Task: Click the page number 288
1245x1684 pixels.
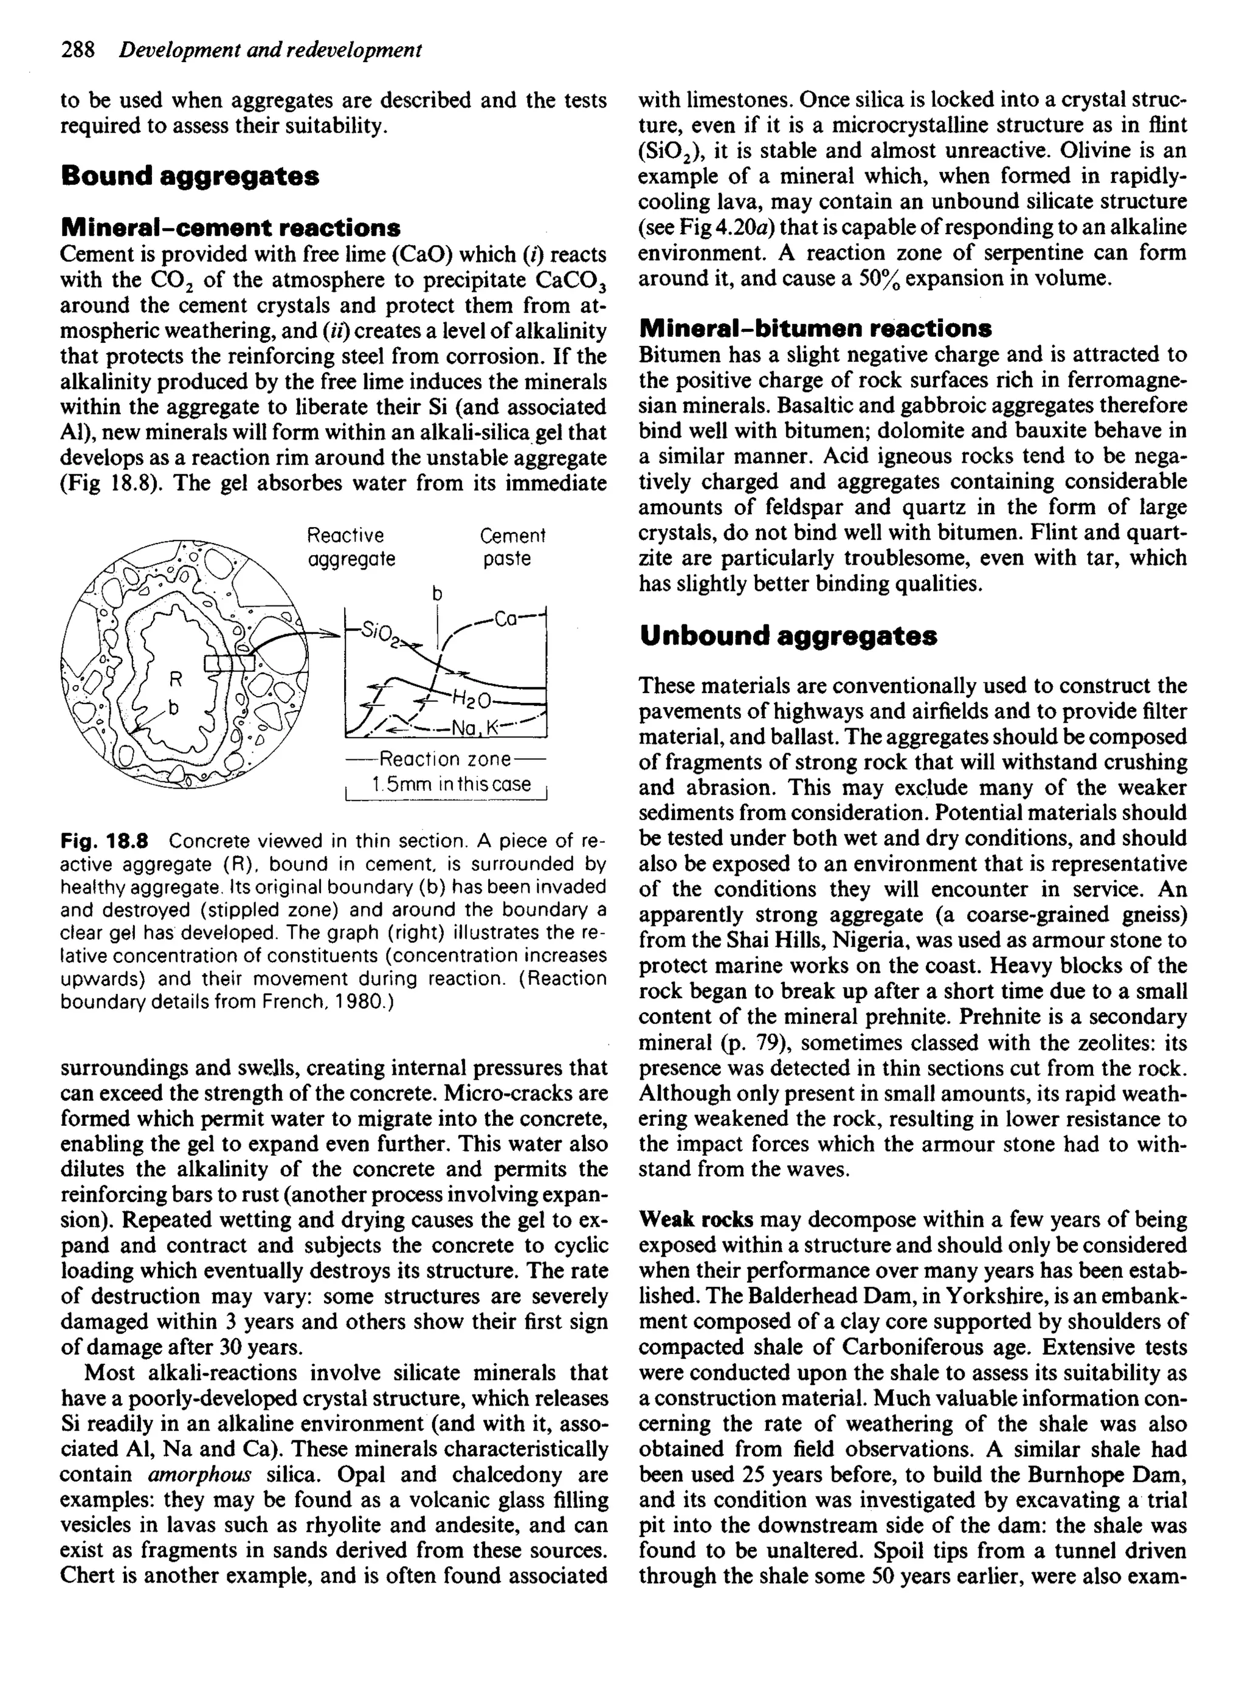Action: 78,50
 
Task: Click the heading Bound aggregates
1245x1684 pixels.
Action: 189,176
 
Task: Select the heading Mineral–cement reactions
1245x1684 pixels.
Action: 230,227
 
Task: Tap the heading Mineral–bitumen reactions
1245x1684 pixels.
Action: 815,328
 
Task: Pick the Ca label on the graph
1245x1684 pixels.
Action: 506,619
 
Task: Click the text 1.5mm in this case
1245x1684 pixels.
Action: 450,784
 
